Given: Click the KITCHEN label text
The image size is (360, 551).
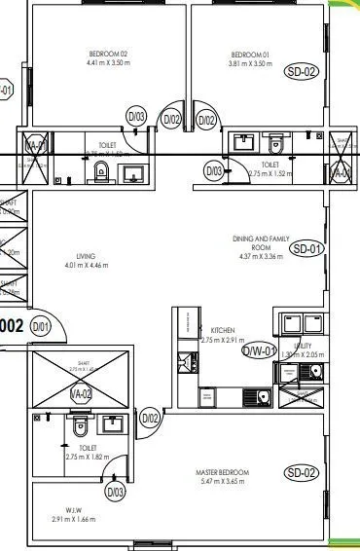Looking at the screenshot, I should coord(223,331).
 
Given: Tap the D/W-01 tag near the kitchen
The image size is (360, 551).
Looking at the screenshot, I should coord(260,350).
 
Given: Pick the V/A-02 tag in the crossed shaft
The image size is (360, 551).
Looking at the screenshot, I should coord(81,393).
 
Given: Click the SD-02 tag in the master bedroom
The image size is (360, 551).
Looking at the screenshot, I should coord(302,473).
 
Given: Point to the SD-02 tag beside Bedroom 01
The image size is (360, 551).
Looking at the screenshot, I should coord(301,71).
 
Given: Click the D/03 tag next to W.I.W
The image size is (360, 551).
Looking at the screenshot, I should coord(116,493).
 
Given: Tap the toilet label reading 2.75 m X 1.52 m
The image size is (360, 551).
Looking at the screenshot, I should coord(273,173).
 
